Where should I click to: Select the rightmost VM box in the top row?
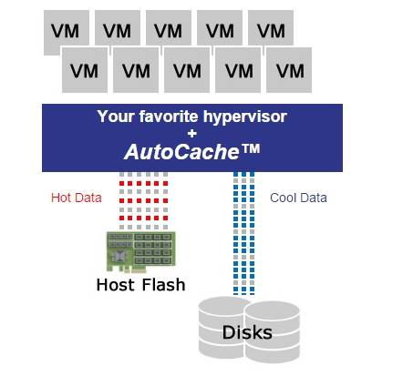coord(271,28)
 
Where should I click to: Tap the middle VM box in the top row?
coord(169,28)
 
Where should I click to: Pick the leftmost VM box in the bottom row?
coord(85,70)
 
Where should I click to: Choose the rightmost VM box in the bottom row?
coord(289,70)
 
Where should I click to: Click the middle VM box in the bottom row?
coord(187,70)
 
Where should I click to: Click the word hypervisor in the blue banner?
coord(245,117)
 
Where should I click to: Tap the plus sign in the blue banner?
coord(192,133)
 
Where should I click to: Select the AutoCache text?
coord(181,151)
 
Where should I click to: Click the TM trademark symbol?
coord(250,148)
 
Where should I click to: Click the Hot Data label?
coord(77,198)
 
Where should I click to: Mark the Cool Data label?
coord(298,198)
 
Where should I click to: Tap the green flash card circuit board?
coord(141,251)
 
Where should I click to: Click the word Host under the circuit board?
coord(116,285)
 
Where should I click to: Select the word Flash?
coord(163,285)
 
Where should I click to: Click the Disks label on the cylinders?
coord(247,332)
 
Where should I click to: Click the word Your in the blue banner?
coord(116,117)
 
